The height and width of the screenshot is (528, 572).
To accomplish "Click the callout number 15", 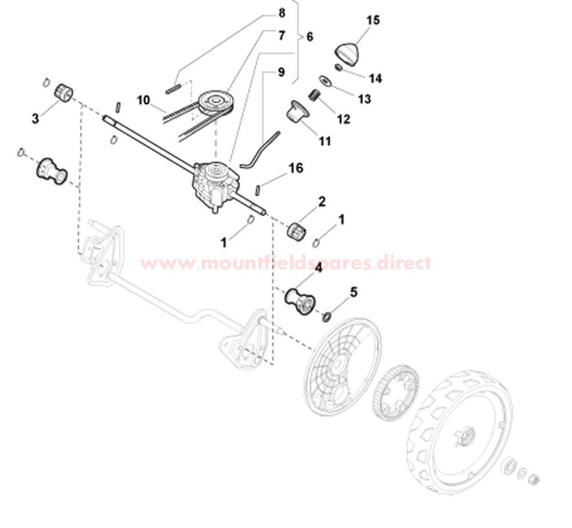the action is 373,20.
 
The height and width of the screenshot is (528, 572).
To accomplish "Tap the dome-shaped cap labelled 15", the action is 347,54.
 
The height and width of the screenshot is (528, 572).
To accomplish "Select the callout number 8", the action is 281,13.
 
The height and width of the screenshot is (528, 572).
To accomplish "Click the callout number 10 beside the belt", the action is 144,99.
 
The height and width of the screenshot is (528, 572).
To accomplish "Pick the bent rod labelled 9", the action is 260,150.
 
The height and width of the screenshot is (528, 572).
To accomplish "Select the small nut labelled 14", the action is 339,67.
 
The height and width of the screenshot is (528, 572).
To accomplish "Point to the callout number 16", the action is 296,168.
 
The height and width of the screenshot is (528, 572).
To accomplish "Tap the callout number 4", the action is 319,268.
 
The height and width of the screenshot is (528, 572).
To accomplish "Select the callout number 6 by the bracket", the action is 309,37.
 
